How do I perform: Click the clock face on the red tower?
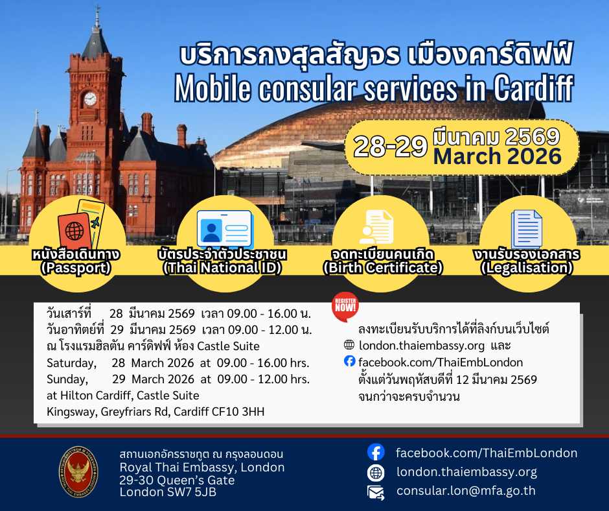[x=90, y=99]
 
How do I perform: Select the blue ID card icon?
[x=225, y=229]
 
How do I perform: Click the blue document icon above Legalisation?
[x=527, y=229]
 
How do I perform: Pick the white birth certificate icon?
[x=376, y=227]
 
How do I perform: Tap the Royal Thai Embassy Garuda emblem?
[x=78, y=471]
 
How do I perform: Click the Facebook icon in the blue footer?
[x=376, y=452]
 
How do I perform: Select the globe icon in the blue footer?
[x=376, y=473]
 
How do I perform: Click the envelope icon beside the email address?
[x=376, y=492]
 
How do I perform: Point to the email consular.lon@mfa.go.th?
[x=466, y=491]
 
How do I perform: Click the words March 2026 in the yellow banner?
[x=498, y=156]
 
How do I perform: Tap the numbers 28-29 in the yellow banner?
[x=390, y=147]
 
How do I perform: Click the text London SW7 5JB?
[x=168, y=492]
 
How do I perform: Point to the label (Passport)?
[x=76, y=268]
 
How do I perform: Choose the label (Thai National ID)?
[x=222, y=268]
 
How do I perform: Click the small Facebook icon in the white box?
[x=350, y=361]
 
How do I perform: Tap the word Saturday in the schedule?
[x=71, y=363]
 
